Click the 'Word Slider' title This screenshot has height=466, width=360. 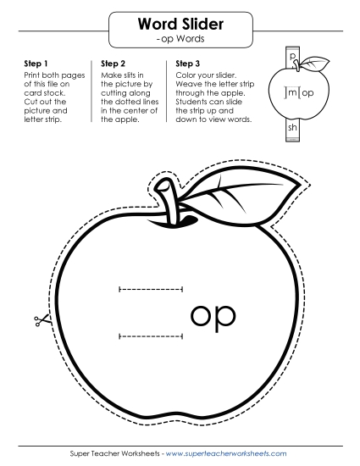[180, 24]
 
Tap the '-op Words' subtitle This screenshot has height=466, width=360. [180, 39]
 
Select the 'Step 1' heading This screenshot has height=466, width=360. [36, 64]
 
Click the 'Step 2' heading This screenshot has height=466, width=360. [113, 64]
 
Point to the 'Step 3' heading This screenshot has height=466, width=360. [188, 64]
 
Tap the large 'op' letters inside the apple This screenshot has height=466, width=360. [213, 316]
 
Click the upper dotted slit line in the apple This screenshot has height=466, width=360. [151, 289]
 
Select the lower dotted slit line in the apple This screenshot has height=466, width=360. [151, 336]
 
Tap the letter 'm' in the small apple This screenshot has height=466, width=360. [292, 92]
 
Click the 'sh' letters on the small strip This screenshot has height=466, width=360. [292, 127]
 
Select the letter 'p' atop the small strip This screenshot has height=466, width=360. [292, 56]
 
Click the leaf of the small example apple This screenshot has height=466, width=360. [315, 64]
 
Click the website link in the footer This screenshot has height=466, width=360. [226, 454]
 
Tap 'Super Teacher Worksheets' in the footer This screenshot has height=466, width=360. [115, 454]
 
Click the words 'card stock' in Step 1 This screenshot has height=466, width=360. [45, 92]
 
